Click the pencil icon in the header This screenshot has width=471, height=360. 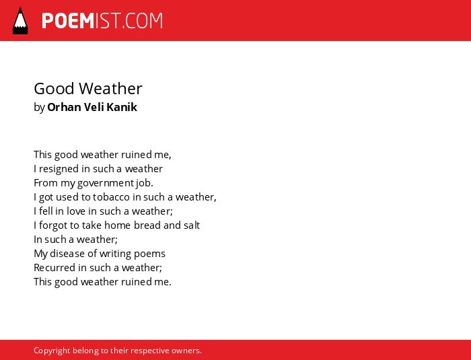coord(20,20)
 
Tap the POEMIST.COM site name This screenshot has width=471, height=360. coord(102,21)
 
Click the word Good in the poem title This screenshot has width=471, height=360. coord(54,89)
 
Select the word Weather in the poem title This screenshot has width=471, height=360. coord(110,89)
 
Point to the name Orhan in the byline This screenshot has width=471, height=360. coord(64,107)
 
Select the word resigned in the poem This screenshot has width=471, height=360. coord(59,169)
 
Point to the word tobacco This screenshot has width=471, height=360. coord(111,197)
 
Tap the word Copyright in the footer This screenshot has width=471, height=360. coord(52,351)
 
